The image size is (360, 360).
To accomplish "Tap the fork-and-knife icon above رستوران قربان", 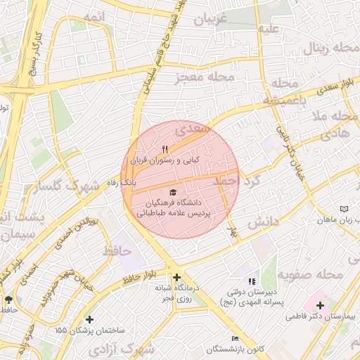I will [165, 149].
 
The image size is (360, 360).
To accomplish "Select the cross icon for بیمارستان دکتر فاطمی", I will [320, 305].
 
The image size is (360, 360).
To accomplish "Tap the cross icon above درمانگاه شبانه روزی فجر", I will [176, 277].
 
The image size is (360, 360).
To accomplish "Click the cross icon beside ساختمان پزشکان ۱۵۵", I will [89, 319].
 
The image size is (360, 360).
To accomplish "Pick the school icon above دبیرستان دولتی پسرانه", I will [252, 281].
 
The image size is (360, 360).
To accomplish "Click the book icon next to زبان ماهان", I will [344, 210].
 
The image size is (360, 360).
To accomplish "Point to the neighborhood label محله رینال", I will [330, 49].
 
